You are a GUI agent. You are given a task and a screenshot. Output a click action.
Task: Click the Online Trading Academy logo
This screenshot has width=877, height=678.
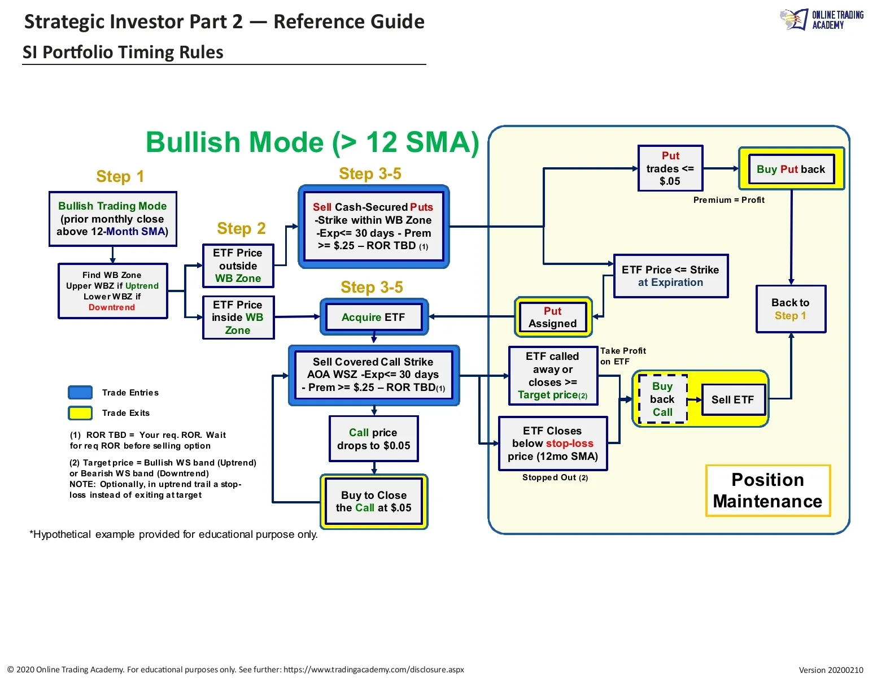pyautogui.click(x=822, y=20)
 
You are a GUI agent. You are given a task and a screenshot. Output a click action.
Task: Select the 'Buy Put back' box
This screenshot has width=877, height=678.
pyautogui.click(x=791, y=169)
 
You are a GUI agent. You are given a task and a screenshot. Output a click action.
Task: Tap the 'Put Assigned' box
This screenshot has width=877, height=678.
pyautogui.click(x=553, y=317)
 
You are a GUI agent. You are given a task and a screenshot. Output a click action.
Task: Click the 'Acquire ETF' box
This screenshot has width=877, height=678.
pyautogui.click(x=373, y=317)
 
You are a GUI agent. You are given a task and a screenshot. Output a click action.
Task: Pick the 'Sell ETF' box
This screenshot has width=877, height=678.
pyautogui.click(x=732, y=399)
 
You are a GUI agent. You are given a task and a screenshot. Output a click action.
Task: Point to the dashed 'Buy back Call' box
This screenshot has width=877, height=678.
pyautogui.click(x=662, y=399)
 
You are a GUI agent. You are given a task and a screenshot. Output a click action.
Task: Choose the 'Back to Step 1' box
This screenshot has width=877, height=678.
pyautogui.click(x=791, y=309)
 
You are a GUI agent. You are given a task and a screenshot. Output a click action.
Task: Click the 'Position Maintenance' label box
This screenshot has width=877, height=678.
pyautogui.click(x=767, y=490)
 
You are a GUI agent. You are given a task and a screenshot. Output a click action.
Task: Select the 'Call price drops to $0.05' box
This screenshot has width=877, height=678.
pyautogui.click(x=373, y=439)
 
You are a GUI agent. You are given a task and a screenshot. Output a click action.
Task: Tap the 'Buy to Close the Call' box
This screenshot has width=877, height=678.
pyautogui.click(x=373, y=501)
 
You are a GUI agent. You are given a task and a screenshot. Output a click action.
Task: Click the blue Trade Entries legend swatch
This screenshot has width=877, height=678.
pyautogui.click(x=80, y=393)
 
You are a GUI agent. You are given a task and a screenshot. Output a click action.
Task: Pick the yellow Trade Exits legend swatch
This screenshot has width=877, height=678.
pyautogui.click(x=80, y=413)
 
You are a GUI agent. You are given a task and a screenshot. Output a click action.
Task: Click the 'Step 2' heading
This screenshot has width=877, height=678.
pyautogui.click(x=241, y=228)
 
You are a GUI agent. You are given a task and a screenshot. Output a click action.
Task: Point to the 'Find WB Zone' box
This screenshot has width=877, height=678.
pyautogui.click(x=112, y=291)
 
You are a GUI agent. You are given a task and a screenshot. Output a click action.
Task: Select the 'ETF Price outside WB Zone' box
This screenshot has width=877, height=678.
pyautogui.click(x=238, y=266)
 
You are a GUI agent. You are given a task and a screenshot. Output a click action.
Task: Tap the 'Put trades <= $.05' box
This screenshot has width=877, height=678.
pyautogui.click(x=670, y=168)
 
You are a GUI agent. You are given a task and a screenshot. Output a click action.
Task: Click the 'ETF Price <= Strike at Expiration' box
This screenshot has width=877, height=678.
pyautogui.click(x=670, y=276)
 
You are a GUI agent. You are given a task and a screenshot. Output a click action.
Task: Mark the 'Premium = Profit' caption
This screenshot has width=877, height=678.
pyautogui.click(x=728, y=200)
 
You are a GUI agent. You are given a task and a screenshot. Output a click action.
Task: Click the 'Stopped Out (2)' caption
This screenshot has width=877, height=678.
pyautogui.click(x=555, y=477)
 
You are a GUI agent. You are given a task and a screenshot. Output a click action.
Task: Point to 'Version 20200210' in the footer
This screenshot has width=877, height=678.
pyautogui.click(x=831, y=670)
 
